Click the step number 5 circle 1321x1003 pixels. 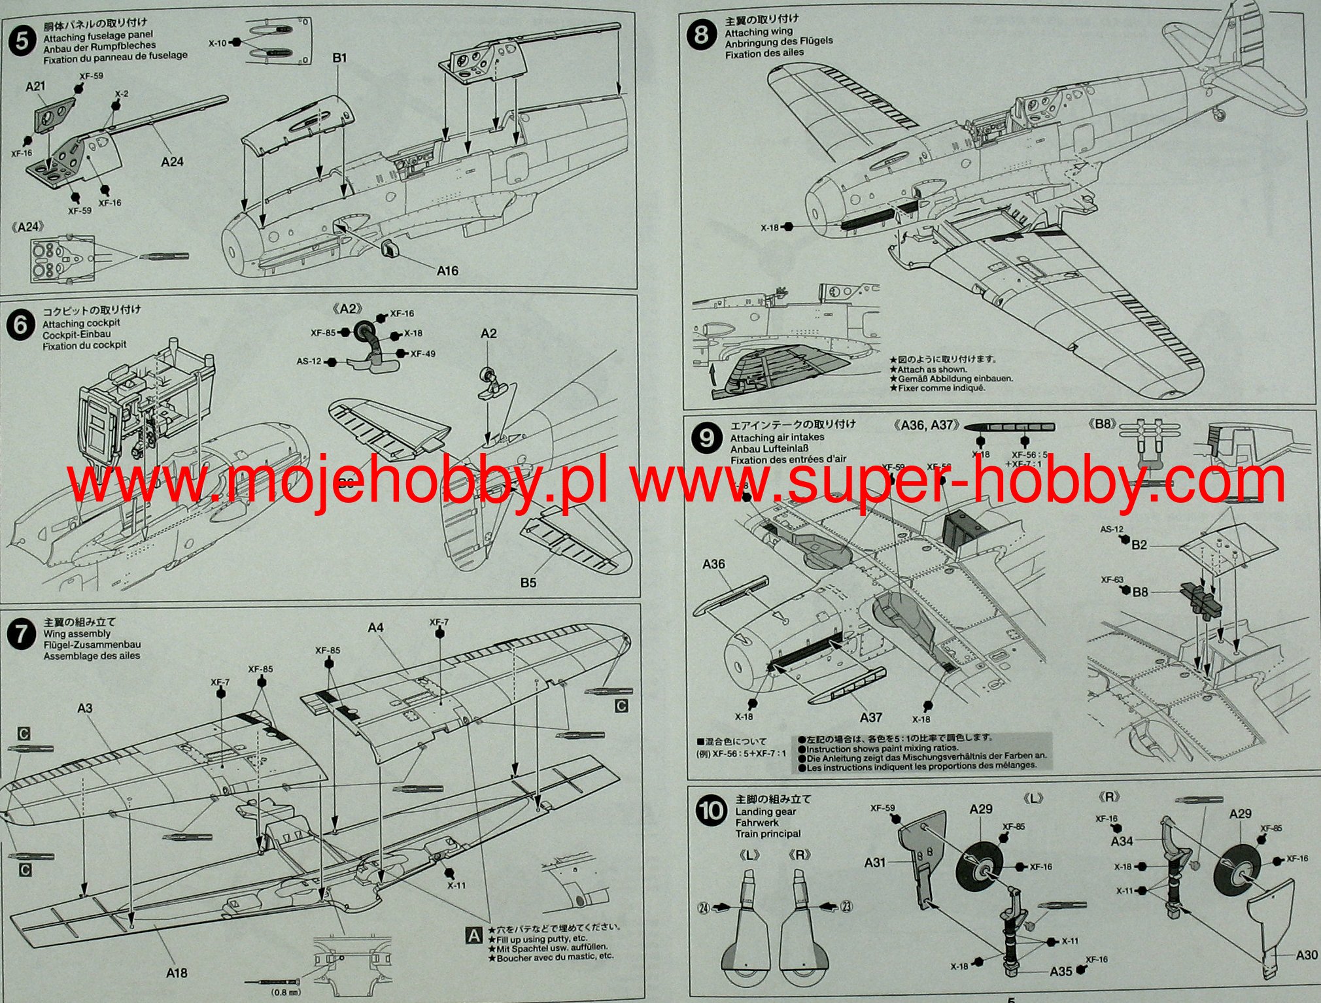click(x=22, y=42)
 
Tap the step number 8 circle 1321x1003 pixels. click(x=701, y=34)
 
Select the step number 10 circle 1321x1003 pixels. click(x=712, y=811)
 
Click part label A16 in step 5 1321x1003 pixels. click(x=447, y=271)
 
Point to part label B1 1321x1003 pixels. click(x=339, y=58)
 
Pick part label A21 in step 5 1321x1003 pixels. click(x=36, y=86)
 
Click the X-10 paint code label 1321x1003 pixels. click(x=217, y=43)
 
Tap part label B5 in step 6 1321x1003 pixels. click(x=528, y=583)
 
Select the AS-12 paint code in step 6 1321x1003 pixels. click(x=309, y=362)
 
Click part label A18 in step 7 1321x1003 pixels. click(x=177, y=973)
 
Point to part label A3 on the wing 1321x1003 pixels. click(x=85, y=708)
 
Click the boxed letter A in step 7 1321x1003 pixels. click(x=473, y=936)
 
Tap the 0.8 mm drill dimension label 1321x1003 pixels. click(x=281, y=992)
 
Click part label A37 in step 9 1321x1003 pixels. click(x=871, y=717)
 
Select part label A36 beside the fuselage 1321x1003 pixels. click(x=713, y=564)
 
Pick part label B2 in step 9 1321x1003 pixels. click(x=1139, y=545)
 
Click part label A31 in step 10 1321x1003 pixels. click(x=874, y=862)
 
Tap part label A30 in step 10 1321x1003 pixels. click(x=1306, y=955)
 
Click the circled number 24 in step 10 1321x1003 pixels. click(x=704, y=908)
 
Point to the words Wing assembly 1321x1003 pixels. click(x=77, y=634)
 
